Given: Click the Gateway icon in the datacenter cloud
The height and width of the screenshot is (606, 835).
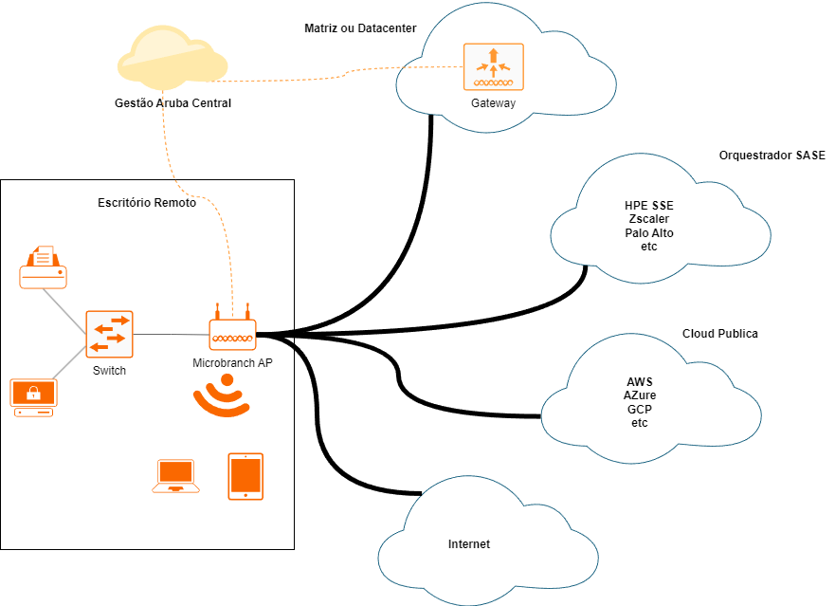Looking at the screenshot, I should [x=493, y=66].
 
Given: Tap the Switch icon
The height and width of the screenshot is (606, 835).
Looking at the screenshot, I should [x=109, y=335].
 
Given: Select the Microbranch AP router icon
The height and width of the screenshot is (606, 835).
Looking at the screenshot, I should [x=233, y=332].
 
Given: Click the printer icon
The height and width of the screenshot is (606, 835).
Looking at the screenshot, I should [x=44, y=266].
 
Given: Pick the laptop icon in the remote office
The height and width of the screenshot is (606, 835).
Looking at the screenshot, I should [x=176, y=476].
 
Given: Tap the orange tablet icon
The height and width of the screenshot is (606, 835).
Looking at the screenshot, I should [x=245, y=476].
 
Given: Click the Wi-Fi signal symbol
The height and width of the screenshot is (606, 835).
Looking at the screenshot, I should [x=223, y=395].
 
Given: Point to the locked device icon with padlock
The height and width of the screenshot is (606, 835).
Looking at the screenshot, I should [x=33, y=397].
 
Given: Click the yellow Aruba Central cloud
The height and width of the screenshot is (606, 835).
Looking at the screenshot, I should [x=172, y=58].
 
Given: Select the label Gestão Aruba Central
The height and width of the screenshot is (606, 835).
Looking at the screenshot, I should [x=172, y=102].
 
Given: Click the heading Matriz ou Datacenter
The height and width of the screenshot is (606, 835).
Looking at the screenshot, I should [x=360, y=28].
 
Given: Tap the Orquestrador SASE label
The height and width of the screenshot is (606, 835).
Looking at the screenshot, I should [x=771, y=155].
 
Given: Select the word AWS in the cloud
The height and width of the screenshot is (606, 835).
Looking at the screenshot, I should [x=640, y=382].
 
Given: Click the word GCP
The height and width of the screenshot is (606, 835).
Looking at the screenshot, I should [x=640, y=409].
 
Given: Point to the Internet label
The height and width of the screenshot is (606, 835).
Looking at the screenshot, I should [x=469, y=544].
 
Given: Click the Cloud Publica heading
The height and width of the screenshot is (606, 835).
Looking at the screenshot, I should [x=720, y=334].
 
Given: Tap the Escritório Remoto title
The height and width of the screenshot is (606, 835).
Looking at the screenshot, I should [x=147, y=203].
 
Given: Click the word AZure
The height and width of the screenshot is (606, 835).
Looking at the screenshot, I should [x=640, y=395].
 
